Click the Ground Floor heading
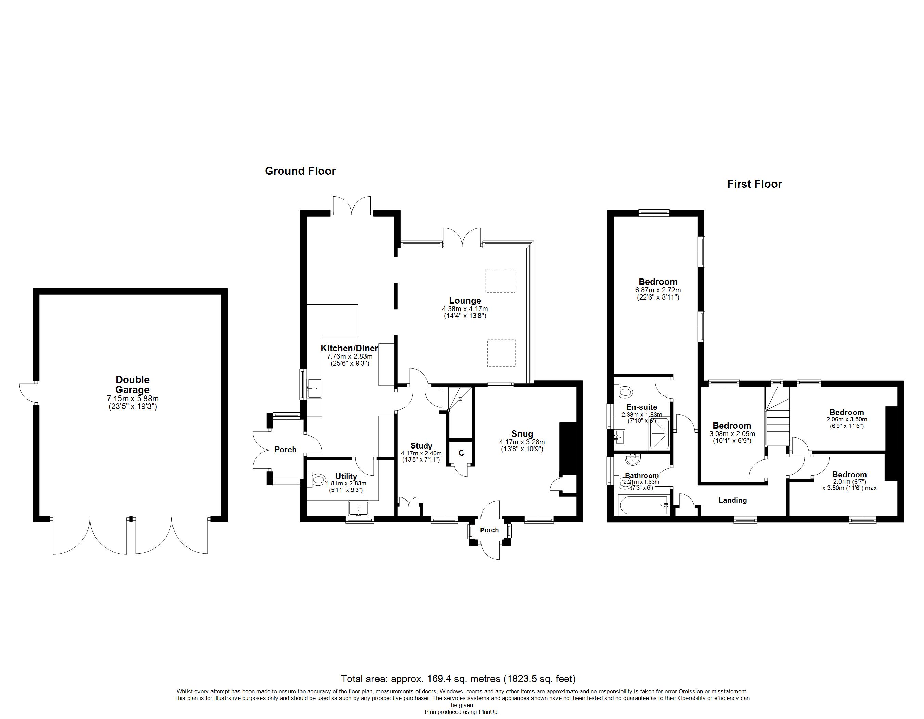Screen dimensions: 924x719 tap(300, 171)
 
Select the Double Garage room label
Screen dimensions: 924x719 tap(133, 385)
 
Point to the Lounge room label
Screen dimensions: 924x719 tap(465, 301)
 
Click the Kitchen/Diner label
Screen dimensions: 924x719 tap(349, 348)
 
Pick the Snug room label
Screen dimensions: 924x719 tap(522, 434)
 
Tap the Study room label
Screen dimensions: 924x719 tap(421, 446)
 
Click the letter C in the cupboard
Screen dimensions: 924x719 tap(461, 453)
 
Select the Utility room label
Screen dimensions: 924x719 tap(346, 476)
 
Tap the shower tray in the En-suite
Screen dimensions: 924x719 tap(659, 434)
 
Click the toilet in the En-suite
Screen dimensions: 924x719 tap(624, 391)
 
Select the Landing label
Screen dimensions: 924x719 tap(733, 500)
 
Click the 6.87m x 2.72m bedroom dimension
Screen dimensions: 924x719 tap(658, 290)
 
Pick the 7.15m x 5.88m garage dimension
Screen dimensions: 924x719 tap(133, 399)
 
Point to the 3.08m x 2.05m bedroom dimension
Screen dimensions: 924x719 tap(732, 434)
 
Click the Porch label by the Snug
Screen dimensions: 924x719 tap(489, 530)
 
